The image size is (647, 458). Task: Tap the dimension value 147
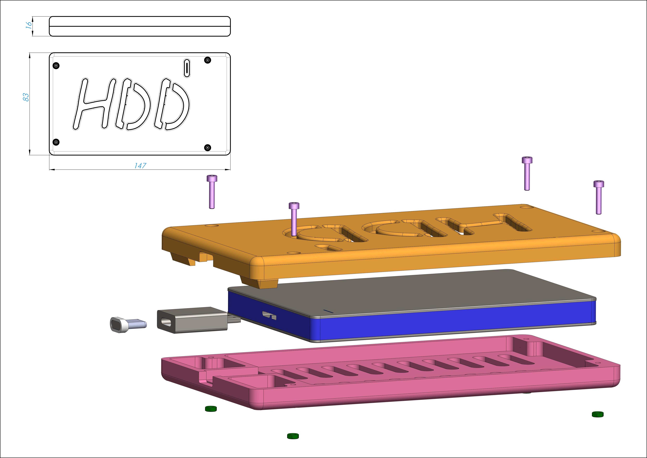click(140, 166)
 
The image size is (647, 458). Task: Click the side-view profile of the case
click(140, 26)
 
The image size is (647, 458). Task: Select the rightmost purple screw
click(598, 197)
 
